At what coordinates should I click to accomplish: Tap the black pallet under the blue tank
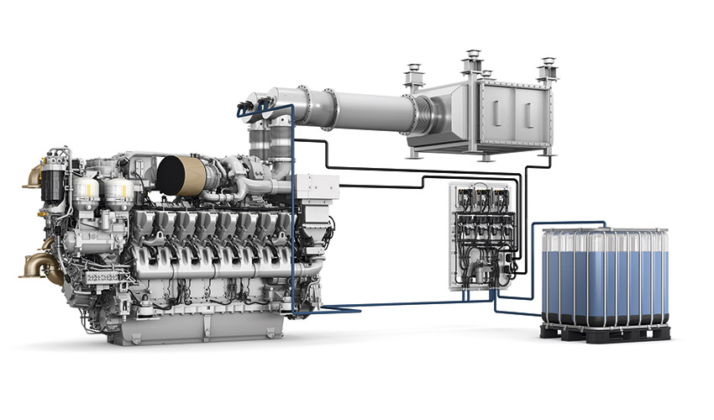(605, 333)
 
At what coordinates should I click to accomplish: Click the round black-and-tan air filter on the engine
(181, 175)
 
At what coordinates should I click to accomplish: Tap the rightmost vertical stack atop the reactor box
(548, 68)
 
